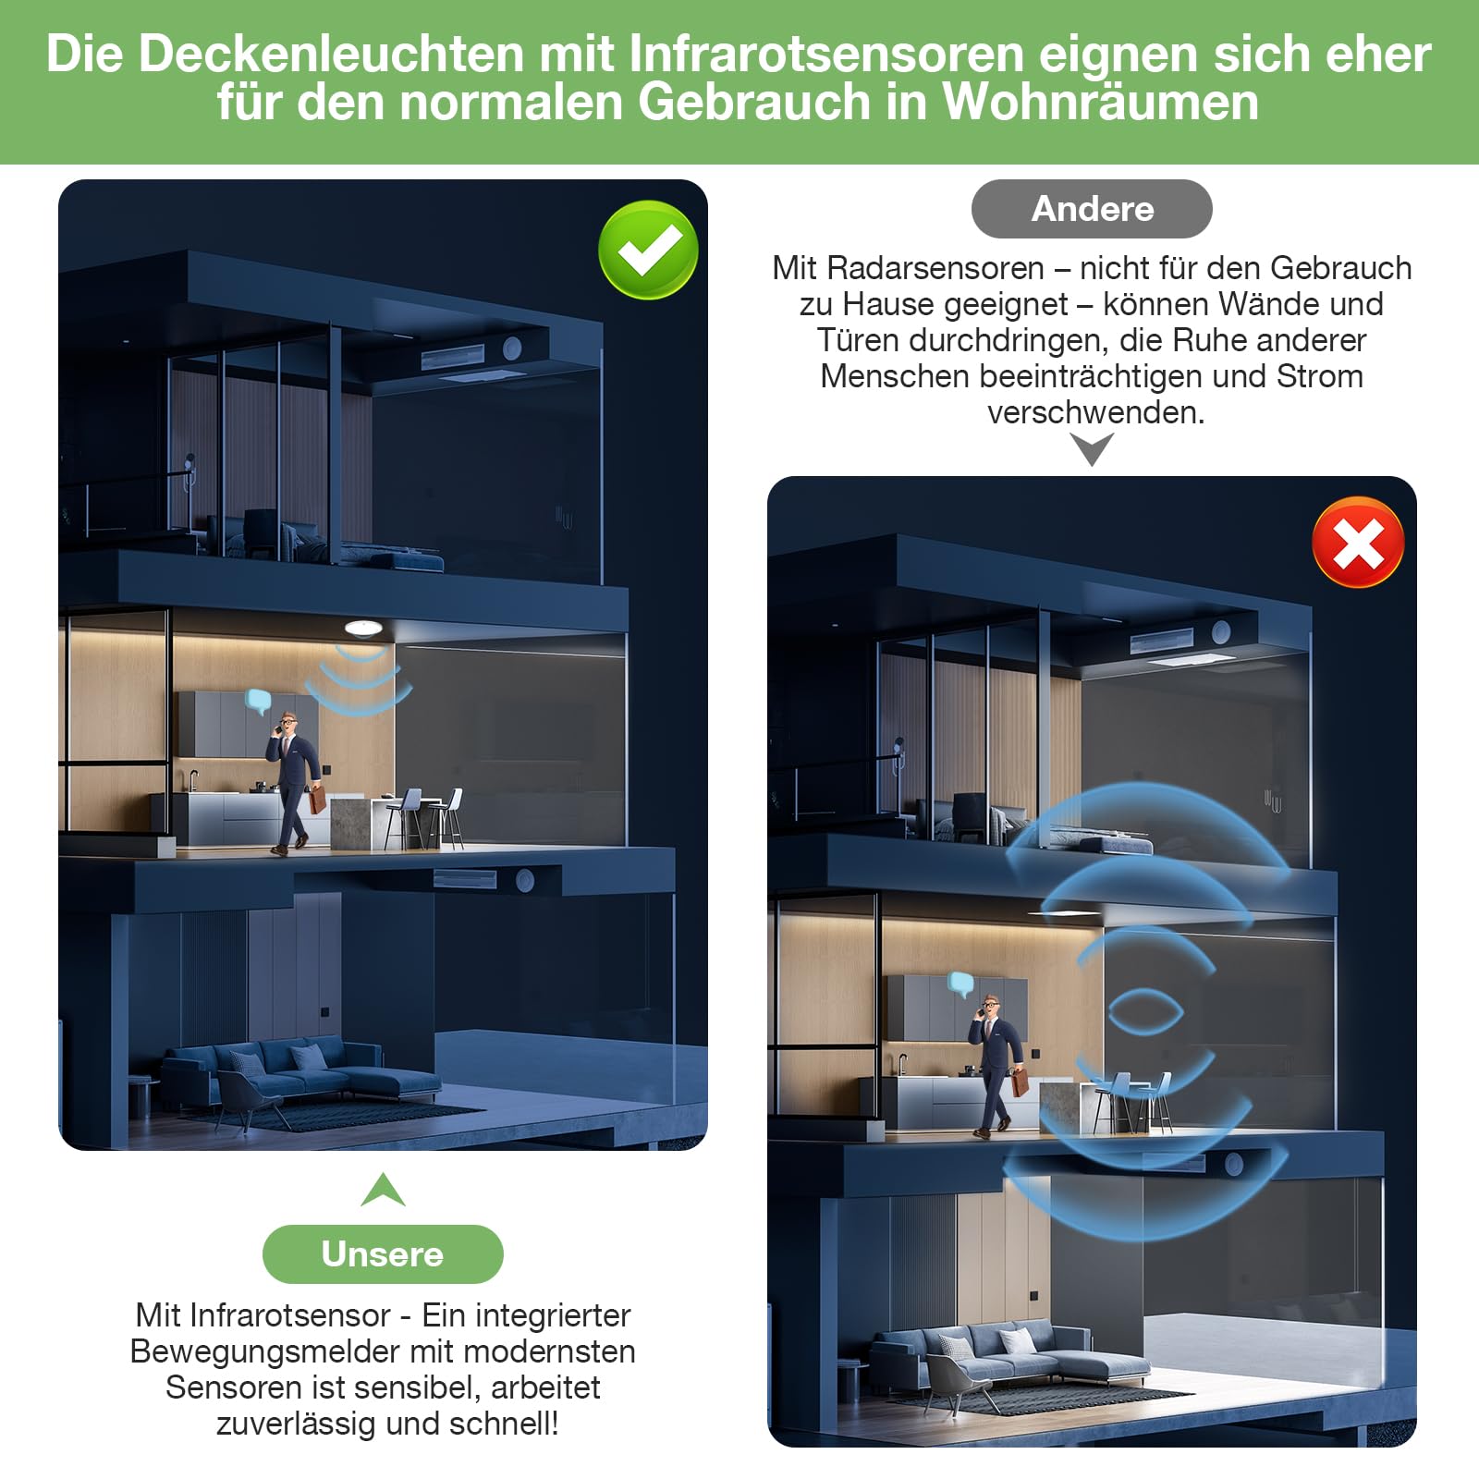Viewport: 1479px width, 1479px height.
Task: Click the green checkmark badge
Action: coord(648,250)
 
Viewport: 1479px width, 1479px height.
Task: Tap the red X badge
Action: coord(1358,543)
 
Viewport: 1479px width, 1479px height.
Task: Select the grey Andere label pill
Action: coord(1092,209)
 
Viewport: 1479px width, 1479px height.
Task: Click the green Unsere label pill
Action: coord(383,1253)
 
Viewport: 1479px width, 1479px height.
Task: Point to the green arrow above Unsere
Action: coord(383,1190)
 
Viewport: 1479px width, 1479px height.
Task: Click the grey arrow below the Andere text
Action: coord(1092,449)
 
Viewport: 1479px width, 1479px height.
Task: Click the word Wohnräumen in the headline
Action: coord(1100,102)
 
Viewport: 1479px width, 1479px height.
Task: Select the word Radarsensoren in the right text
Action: coord(935,268)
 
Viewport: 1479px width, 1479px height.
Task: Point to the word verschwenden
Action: coord(1096,412)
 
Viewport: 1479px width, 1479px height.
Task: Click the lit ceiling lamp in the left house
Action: coord(364,628)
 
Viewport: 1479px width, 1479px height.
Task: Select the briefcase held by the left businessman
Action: coord(316,798)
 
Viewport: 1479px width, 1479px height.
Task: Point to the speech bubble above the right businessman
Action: coord(961,984)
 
